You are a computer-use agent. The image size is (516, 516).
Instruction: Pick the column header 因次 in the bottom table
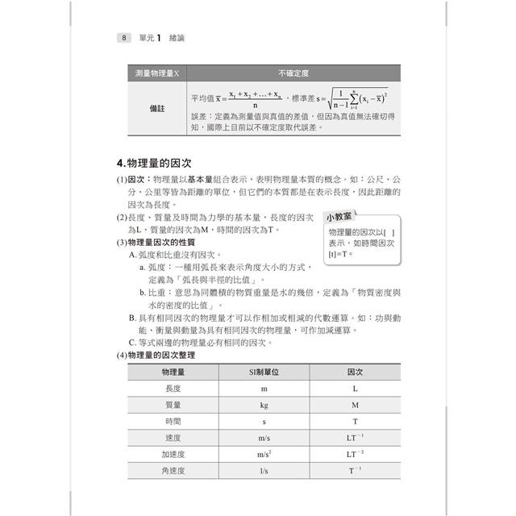tap(355, 371)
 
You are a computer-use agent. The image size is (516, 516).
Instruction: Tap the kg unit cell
tap(264, 405)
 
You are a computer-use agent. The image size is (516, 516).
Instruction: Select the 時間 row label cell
tap(173, 421)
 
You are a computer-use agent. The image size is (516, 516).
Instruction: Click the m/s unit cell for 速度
tap(264, 438)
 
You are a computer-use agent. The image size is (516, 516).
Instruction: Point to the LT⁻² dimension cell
tap(355, 455)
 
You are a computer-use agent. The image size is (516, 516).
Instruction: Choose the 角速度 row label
tap(173, 471)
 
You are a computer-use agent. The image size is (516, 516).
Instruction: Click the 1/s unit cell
tap(264, 471)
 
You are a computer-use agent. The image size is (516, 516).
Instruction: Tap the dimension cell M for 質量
tap(355, 405)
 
